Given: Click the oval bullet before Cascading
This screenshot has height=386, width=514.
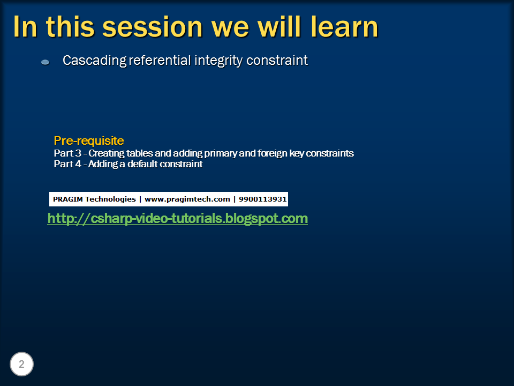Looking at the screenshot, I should pyautogui.click(x=45, y=62).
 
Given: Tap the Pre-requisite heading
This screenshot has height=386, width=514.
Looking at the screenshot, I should pyautogui.click(x=89, y=141).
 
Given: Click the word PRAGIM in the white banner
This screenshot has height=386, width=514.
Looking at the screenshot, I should pyautogui.click(x=66, y=199).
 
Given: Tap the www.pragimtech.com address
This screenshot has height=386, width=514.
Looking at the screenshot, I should pyautogui.click(x=187, y=199).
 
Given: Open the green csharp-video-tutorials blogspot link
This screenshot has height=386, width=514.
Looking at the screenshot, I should pyautogui.click(x=177, y=219).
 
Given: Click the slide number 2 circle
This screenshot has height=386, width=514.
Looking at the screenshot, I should pyautogui.click(x=21, y=365).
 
